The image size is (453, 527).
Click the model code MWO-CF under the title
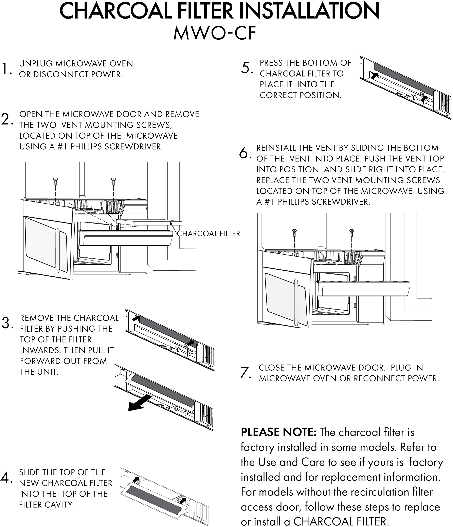tap(215, 33)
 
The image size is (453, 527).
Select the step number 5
tap(246, 68)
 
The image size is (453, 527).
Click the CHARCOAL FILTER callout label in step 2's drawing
tap(208, 233)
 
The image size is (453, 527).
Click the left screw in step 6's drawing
tap(294, 233)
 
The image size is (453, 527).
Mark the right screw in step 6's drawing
tap(352, 233)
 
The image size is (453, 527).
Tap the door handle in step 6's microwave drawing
tap(296, 303)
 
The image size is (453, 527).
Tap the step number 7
tap(245, 372)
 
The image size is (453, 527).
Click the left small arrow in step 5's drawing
tap(374, 76)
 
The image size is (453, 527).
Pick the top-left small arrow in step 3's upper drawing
tap(136, 318)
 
